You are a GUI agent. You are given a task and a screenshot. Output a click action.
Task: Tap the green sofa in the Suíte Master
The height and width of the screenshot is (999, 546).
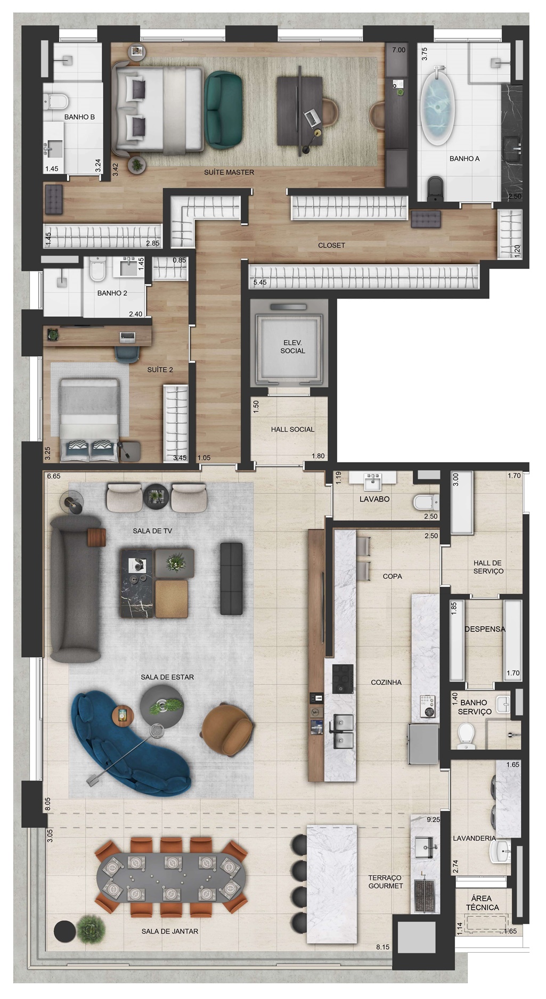(x=224, y=110)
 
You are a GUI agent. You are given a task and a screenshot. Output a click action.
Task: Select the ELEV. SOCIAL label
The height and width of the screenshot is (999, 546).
(x=293, y=347)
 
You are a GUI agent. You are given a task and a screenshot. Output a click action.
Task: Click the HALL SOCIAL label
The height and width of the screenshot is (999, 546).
(x=292, y=429)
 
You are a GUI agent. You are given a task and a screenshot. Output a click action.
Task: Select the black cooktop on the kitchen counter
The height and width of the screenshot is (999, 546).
(x=343, y=678)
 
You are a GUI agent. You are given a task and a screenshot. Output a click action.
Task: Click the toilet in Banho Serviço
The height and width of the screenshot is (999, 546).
(x=466, y=735)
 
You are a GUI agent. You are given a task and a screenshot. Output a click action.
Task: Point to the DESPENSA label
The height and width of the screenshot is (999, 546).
(x=485, y=629)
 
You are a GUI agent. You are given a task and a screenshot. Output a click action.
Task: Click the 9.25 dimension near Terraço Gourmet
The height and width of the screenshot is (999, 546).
(x=433, y=820)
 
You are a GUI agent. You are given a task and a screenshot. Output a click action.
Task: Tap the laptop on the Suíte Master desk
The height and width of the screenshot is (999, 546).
(x=313, y=116)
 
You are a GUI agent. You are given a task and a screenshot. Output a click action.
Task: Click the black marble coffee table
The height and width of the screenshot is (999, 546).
(x=137, y=583)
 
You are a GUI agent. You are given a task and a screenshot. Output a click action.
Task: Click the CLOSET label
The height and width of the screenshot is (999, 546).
(x=331, y=245)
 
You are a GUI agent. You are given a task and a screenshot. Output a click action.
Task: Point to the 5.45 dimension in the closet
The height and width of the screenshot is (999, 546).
(x=260, y=282)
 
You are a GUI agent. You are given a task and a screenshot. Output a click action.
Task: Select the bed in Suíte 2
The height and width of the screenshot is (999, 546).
(x=89, y=419)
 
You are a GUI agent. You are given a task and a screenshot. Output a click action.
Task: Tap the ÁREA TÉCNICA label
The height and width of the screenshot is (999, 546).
(x=483, y=903)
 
